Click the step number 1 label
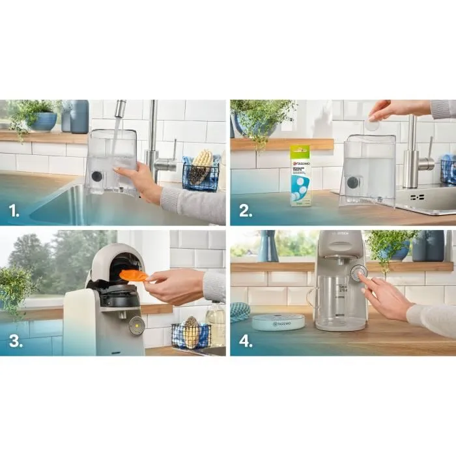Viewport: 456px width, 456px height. [x=14, y=210]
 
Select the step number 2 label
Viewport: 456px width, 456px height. [x=244, y=210]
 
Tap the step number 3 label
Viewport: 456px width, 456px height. [x=14, y=341]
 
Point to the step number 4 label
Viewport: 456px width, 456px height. [x=245, y=341]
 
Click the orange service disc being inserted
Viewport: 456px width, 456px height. [x=133, y=276]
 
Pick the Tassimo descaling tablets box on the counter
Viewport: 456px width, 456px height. [x=300, y=175]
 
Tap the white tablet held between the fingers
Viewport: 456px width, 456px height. [x=372, y=124]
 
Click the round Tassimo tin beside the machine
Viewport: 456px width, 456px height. [x=278, y=322]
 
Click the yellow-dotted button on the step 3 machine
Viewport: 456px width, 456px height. [x=136, y=326]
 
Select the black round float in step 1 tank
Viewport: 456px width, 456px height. [x=97, y=176]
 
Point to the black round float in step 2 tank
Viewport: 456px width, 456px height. [x=352, y=182]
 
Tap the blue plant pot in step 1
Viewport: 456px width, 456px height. [x=44, y=121]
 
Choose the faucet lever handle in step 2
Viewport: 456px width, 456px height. [x=426, y=162]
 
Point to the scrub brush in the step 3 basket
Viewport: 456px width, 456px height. [x=191, y=333]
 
